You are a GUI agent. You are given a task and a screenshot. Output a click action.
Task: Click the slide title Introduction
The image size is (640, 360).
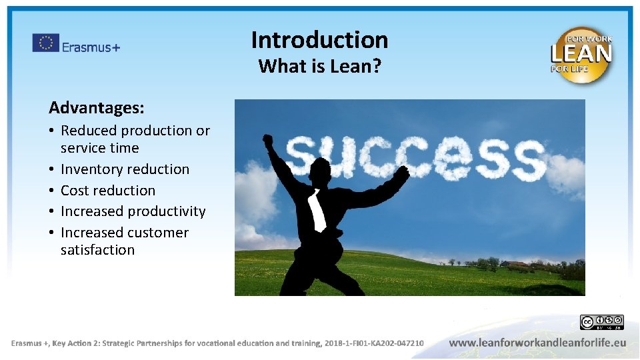[319, 40]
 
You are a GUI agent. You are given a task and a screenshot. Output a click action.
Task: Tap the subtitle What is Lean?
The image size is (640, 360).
[319, 67]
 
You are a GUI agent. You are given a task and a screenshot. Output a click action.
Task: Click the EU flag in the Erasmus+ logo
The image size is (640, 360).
[45, 43]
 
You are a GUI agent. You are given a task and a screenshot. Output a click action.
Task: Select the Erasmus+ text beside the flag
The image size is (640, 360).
[91, 46]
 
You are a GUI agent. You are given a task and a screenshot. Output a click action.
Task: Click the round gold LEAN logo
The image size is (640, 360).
[581, 55]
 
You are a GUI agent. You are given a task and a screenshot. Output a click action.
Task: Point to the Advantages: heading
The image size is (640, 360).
[96, 107]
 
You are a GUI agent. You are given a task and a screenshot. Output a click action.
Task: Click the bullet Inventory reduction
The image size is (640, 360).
[125, 169]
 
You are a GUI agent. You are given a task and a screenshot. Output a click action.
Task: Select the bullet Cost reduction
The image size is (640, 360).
[107, 191]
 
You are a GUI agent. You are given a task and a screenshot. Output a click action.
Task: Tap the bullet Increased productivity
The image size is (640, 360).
[133, 211]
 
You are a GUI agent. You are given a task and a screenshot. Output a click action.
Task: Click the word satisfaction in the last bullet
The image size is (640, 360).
[97, 250]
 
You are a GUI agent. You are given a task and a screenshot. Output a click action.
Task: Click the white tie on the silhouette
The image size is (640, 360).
[317, 210]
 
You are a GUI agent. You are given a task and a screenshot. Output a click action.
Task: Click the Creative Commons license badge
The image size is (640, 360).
[601, 323]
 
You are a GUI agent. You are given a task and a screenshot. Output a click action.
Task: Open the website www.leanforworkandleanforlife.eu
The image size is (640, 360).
[537, 343]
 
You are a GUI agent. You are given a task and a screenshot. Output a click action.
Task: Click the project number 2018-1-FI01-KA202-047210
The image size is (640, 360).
[373, 343]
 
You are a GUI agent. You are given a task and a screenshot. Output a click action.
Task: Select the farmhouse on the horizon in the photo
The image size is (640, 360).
[517, 264]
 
